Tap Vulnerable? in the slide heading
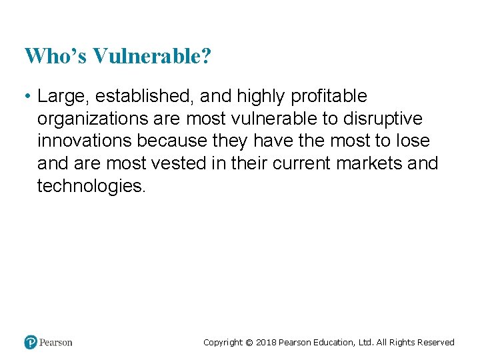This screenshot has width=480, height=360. point(152,56)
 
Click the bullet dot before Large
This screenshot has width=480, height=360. point(27,97)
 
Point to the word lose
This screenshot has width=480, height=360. point(413,141)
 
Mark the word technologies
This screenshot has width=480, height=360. point(91,186)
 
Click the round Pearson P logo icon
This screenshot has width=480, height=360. point(31,342)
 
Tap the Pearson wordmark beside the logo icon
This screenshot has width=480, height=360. point(56,343)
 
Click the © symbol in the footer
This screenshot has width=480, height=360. point(249,343)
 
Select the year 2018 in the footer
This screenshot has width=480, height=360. point(266,343)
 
